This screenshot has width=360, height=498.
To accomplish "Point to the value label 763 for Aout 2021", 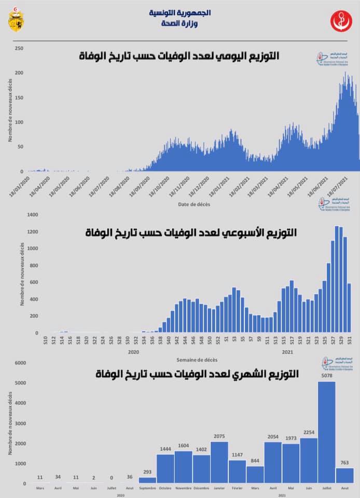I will coord(345,463).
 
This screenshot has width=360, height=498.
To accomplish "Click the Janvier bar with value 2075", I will coord(219,462).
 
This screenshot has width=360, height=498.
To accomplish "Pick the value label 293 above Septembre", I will coord(147,472).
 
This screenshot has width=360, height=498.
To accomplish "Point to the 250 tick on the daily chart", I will coord(19,48).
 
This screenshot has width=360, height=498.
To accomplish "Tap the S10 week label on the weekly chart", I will coord(46,340).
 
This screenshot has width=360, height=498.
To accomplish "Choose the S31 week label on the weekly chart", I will coord(349,340).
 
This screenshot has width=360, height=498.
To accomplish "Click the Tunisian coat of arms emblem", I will coord(15,20).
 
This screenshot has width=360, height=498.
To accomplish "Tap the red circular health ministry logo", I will coord(340,21).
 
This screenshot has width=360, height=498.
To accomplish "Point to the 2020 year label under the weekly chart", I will coord(133,352).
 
